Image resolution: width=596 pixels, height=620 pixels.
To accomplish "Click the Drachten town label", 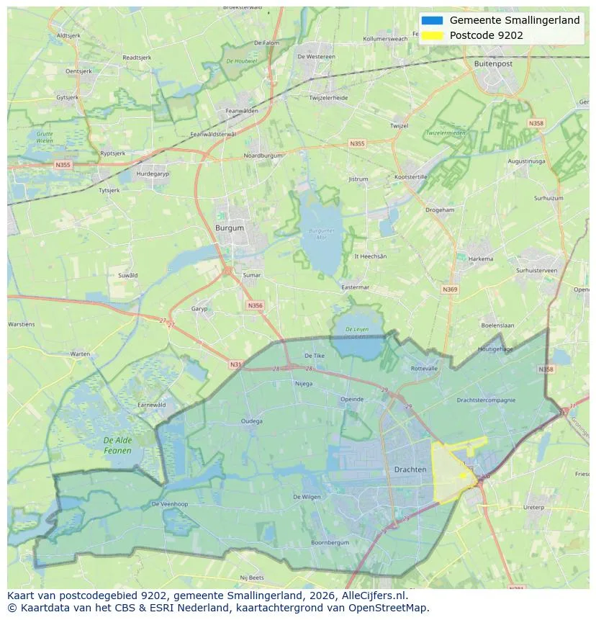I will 410,470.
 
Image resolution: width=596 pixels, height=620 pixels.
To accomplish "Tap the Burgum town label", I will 230,228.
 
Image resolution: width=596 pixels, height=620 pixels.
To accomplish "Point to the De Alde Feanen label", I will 117,445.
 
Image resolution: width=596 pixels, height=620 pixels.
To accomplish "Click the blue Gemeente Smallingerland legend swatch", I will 432,20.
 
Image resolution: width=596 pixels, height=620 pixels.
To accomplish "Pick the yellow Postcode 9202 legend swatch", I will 432,35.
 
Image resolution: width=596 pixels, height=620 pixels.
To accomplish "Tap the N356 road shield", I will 255,305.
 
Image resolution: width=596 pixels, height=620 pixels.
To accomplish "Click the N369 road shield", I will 450,289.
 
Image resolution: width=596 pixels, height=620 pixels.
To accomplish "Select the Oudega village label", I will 252,421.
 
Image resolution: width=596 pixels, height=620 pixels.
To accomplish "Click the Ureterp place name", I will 533,507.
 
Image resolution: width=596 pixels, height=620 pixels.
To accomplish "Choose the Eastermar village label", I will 355,287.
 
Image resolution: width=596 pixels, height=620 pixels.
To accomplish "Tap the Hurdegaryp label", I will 153,174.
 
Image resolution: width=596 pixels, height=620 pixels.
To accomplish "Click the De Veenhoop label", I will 170,504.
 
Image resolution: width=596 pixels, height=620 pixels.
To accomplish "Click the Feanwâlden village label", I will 242,111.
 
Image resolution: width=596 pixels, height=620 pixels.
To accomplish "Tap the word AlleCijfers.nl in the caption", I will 374,596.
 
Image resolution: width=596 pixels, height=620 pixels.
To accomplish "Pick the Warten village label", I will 80,354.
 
